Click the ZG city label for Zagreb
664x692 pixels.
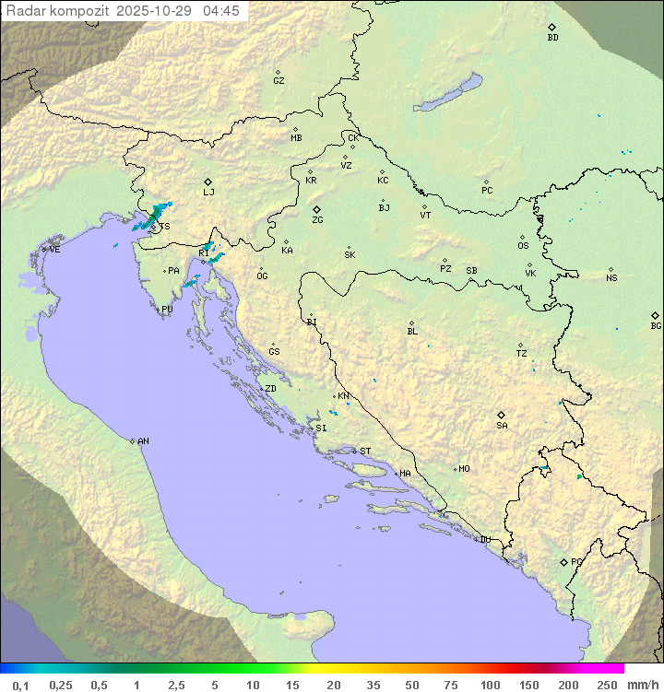click(x=317, y=221)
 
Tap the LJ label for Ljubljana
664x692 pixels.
click(x=208, y=193)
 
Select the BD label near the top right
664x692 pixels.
click(x=552, y=38)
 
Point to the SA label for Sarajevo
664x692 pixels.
click(x=502, y=426)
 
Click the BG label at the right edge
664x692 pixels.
click(x=656, y=326)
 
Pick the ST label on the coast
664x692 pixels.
click(x=365, y=452)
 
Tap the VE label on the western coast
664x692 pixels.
click(x=54, y=250)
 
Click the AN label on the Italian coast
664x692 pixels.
click(x=143, y=441)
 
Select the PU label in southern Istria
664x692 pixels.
click(x=167, y=310)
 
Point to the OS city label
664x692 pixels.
click(x=523, y=246)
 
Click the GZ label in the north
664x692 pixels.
click(x=279, y=81)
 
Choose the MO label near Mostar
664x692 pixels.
click(x=464, y=469)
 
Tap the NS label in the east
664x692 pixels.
click(x=611, y=278)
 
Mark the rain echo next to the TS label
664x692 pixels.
click(x=148, y=218)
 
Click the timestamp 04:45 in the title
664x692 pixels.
click(x=221, y=11)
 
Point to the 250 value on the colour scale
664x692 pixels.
click(x=607, y=685)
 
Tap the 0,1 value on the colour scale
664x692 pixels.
click(x=20, y=685)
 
